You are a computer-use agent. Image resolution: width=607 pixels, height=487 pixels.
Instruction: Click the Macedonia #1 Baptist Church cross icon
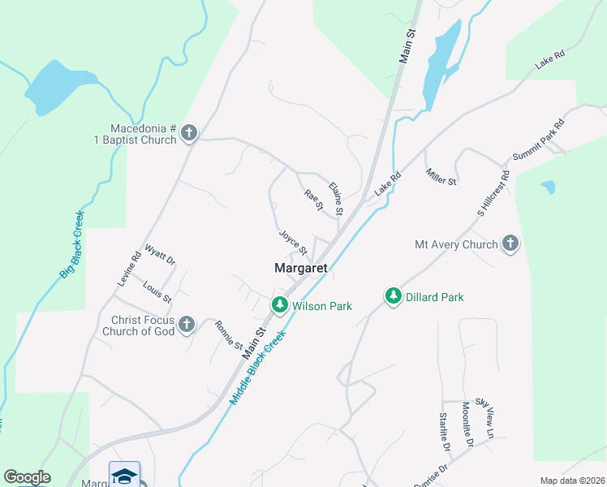[189, 132]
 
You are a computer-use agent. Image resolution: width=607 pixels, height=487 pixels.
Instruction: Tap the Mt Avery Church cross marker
[510, 243]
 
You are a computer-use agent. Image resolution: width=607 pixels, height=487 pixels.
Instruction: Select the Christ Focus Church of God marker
[186, 325]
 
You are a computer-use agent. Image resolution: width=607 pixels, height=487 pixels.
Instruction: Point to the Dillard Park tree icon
[394, 296]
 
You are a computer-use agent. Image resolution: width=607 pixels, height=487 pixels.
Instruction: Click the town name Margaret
[300, 268]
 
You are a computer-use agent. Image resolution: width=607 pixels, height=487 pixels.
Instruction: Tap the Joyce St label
[293, 241]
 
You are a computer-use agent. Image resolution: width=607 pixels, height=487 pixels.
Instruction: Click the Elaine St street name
[336, 199]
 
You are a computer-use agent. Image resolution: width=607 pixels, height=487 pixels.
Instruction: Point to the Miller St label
[441, 176]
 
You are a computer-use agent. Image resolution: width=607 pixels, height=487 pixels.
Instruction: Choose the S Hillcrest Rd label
[493, 193]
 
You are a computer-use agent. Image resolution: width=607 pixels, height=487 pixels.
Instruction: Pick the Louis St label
[157, 291]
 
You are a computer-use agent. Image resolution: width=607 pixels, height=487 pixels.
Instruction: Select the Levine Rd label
[129, 268]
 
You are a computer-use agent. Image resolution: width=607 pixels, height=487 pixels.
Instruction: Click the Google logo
[27, 477]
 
